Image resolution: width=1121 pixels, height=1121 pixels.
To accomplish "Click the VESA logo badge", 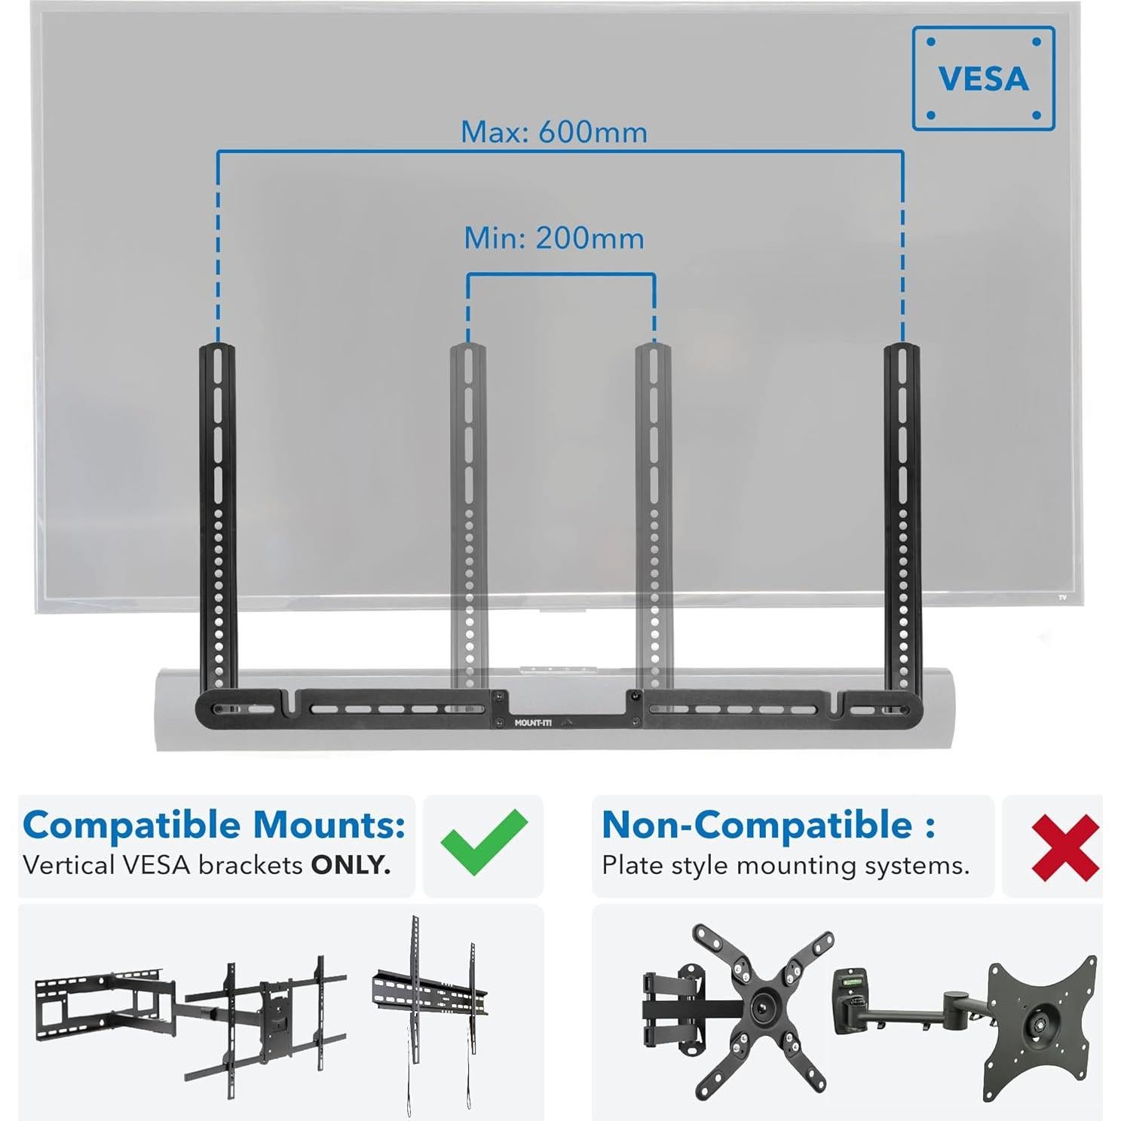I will point(983,78).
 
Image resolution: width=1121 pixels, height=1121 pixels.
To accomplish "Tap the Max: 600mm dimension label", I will point(554,132).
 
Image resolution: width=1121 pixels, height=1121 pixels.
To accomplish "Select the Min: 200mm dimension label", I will point(554,238).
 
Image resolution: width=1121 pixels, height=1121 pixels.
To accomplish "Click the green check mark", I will point(484,842).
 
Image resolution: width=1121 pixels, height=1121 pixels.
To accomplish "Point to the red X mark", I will point(1064,847).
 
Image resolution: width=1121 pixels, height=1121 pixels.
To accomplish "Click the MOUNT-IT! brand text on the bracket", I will point(533,722).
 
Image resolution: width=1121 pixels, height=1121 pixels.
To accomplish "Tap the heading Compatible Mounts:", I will point(214,825).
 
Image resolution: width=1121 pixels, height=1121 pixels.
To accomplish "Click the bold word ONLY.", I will point(351,865).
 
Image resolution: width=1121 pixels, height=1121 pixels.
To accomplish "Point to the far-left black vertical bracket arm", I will point(218,513).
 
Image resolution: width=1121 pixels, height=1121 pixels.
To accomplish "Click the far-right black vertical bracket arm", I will point(902,513).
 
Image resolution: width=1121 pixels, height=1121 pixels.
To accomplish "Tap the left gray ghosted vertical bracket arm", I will point(468,513).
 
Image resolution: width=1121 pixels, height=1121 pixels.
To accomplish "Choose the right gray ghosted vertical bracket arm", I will point(654,513).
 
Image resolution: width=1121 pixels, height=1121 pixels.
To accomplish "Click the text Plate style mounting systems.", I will point(785,865).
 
